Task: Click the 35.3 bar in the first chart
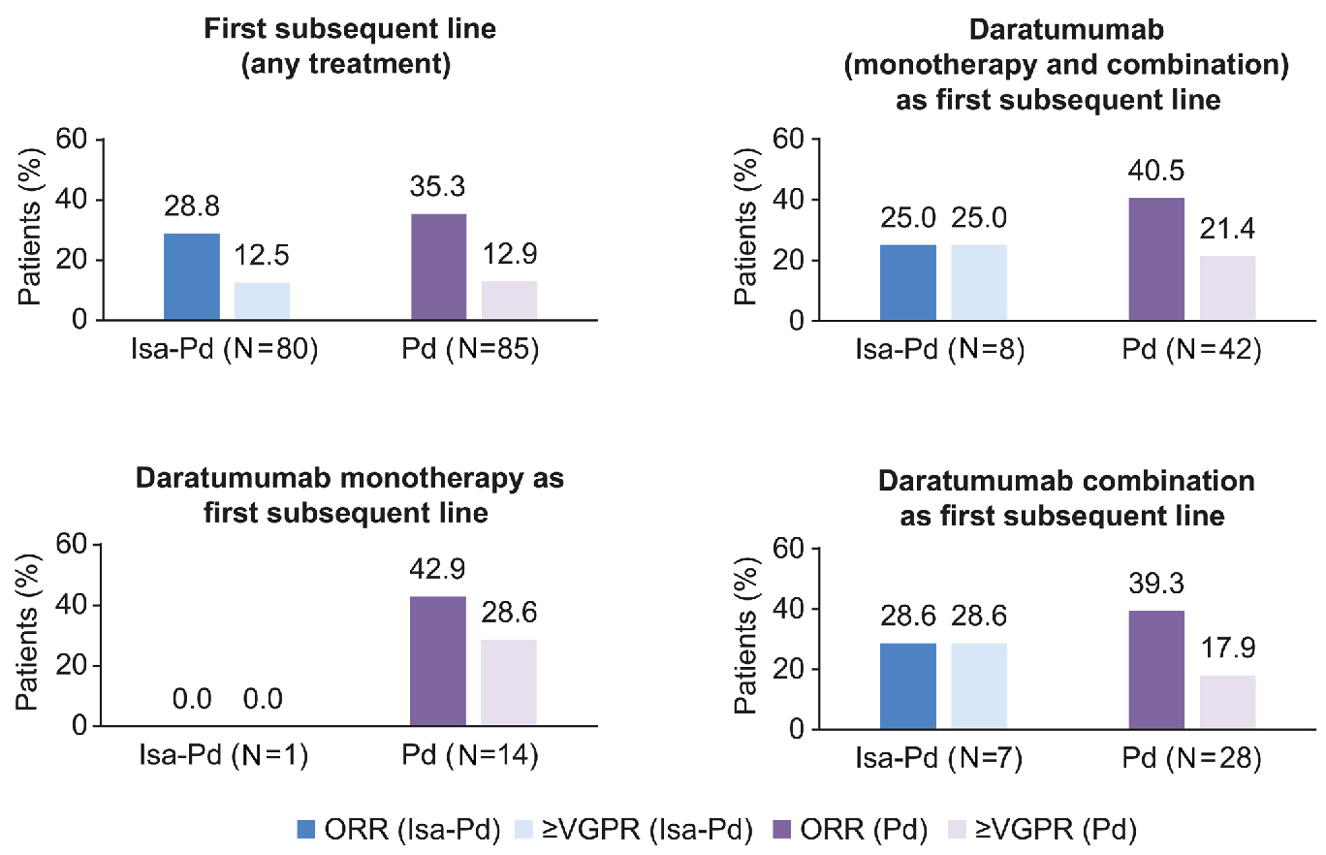[438, 267]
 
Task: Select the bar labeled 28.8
[192, 276]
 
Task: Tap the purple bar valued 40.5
[1157, 259]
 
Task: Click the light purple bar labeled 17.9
[1228, 702]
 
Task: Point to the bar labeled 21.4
[1228, 288]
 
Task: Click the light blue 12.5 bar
[263, 301]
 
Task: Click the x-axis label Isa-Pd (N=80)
[223, 349]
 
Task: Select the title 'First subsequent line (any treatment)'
[350, 46]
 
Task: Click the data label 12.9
[509, 258]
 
